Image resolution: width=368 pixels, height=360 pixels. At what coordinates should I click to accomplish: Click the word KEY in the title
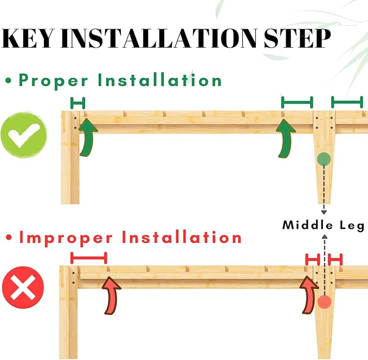click(x=28, y=38)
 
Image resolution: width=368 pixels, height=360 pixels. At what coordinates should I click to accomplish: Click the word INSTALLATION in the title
click(x=159, y=38)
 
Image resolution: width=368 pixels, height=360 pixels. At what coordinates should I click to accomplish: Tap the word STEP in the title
click(x=297, y=38)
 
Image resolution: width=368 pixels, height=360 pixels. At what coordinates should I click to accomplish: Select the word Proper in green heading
click(x=54, y=81)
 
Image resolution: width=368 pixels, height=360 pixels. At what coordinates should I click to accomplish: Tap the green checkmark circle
click(x=24, y=135)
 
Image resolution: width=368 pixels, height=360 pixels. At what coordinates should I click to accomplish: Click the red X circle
click(x=23, y=287)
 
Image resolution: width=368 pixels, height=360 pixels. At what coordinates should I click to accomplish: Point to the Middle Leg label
click(x=324, y=225)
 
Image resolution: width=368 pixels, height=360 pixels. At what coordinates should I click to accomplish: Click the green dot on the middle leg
click(x=324, y=159)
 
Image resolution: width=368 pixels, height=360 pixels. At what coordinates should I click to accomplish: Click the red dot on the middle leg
click(x=324, y=302)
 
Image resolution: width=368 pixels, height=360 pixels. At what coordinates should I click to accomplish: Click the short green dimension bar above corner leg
click(x=78, y=103)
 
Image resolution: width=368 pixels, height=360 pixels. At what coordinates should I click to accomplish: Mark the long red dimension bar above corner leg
click(x=89, y=258)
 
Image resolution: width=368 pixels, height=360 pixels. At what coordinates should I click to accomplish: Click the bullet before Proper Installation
click(x=9, y=81)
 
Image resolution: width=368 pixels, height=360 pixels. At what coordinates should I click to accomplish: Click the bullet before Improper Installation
click(x=9, y=238)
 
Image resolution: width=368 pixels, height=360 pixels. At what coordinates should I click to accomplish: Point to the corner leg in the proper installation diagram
click(x=70, y=157)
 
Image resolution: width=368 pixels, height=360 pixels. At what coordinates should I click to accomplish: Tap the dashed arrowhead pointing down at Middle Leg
click(x=324, y=213)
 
